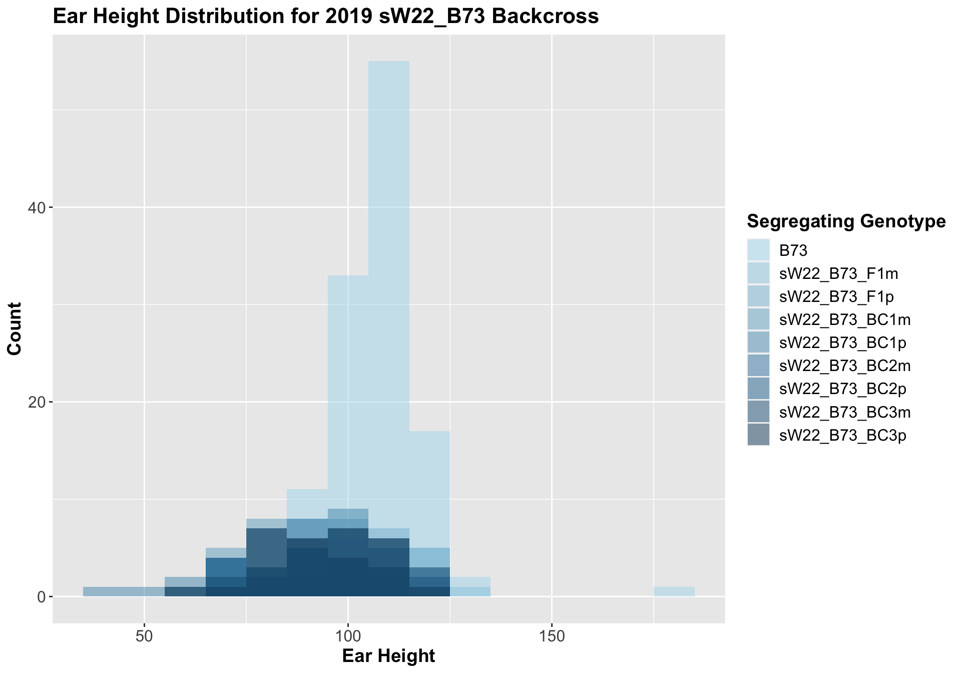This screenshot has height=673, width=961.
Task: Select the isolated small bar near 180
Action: click(x=674, y=591)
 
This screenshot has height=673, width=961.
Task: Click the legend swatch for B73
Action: click(x=758, y=250)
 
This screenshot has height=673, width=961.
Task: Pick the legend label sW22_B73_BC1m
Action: click(x=845, y=319)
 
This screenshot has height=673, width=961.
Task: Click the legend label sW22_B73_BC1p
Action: click(x=843, y=343)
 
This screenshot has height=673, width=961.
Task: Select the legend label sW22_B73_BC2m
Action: click(x=845, y=366)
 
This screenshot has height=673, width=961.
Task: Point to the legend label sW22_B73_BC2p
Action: click(x=843, y=389)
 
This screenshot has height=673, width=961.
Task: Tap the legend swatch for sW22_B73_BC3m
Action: click(x=758, y=412)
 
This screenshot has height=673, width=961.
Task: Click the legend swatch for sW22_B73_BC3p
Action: click(x=758, y=435)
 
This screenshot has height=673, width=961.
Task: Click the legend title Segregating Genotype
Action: click(x=846, y=221)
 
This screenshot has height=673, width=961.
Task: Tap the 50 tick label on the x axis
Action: click(x=144, y=637)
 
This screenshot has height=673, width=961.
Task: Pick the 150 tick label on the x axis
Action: click(x=551, y=637)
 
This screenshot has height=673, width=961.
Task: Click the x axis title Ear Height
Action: click(x=388, y=656)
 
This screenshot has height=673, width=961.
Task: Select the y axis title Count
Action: click(x=15, y=329)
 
